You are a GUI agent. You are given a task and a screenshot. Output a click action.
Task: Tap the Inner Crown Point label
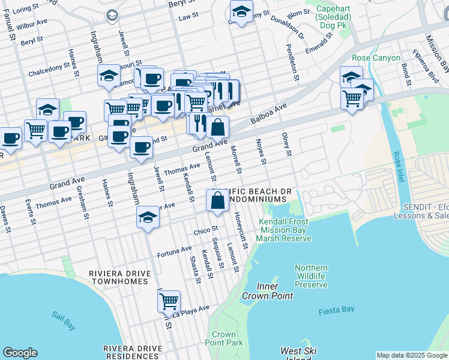click(x=267, y=290)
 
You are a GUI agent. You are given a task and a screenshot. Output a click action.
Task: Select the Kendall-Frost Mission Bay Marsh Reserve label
click(x=285, y=230)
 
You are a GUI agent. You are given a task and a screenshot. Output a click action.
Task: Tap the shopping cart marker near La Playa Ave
click(x=169, y=301)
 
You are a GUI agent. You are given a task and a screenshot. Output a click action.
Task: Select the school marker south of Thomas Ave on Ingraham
click(x=148, y=218)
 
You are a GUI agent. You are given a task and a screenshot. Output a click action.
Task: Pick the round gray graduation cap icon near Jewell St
click(x=111, y=15)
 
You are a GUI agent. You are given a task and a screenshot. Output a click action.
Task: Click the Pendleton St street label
click(x=295, y=62)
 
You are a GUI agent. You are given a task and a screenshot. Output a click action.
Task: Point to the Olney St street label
click(x=287, y=144)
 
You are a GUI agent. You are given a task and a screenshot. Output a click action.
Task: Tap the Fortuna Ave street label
click(x=174, y=251)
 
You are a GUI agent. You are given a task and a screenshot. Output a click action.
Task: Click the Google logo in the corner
click(x=20, y=353)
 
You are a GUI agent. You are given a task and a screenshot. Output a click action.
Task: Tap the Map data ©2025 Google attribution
click(x=411, y=355)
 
